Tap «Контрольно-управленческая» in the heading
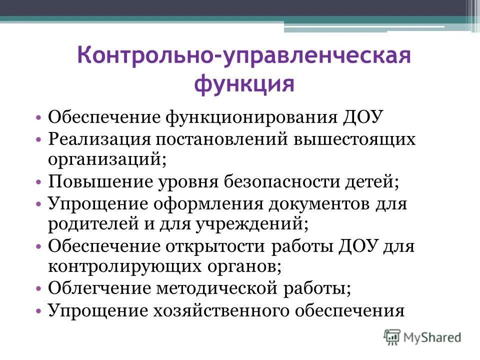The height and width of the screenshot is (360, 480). [243, 57]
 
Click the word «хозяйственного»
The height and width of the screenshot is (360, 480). [215, 311]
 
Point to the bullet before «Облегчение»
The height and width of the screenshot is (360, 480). [39, 289]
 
